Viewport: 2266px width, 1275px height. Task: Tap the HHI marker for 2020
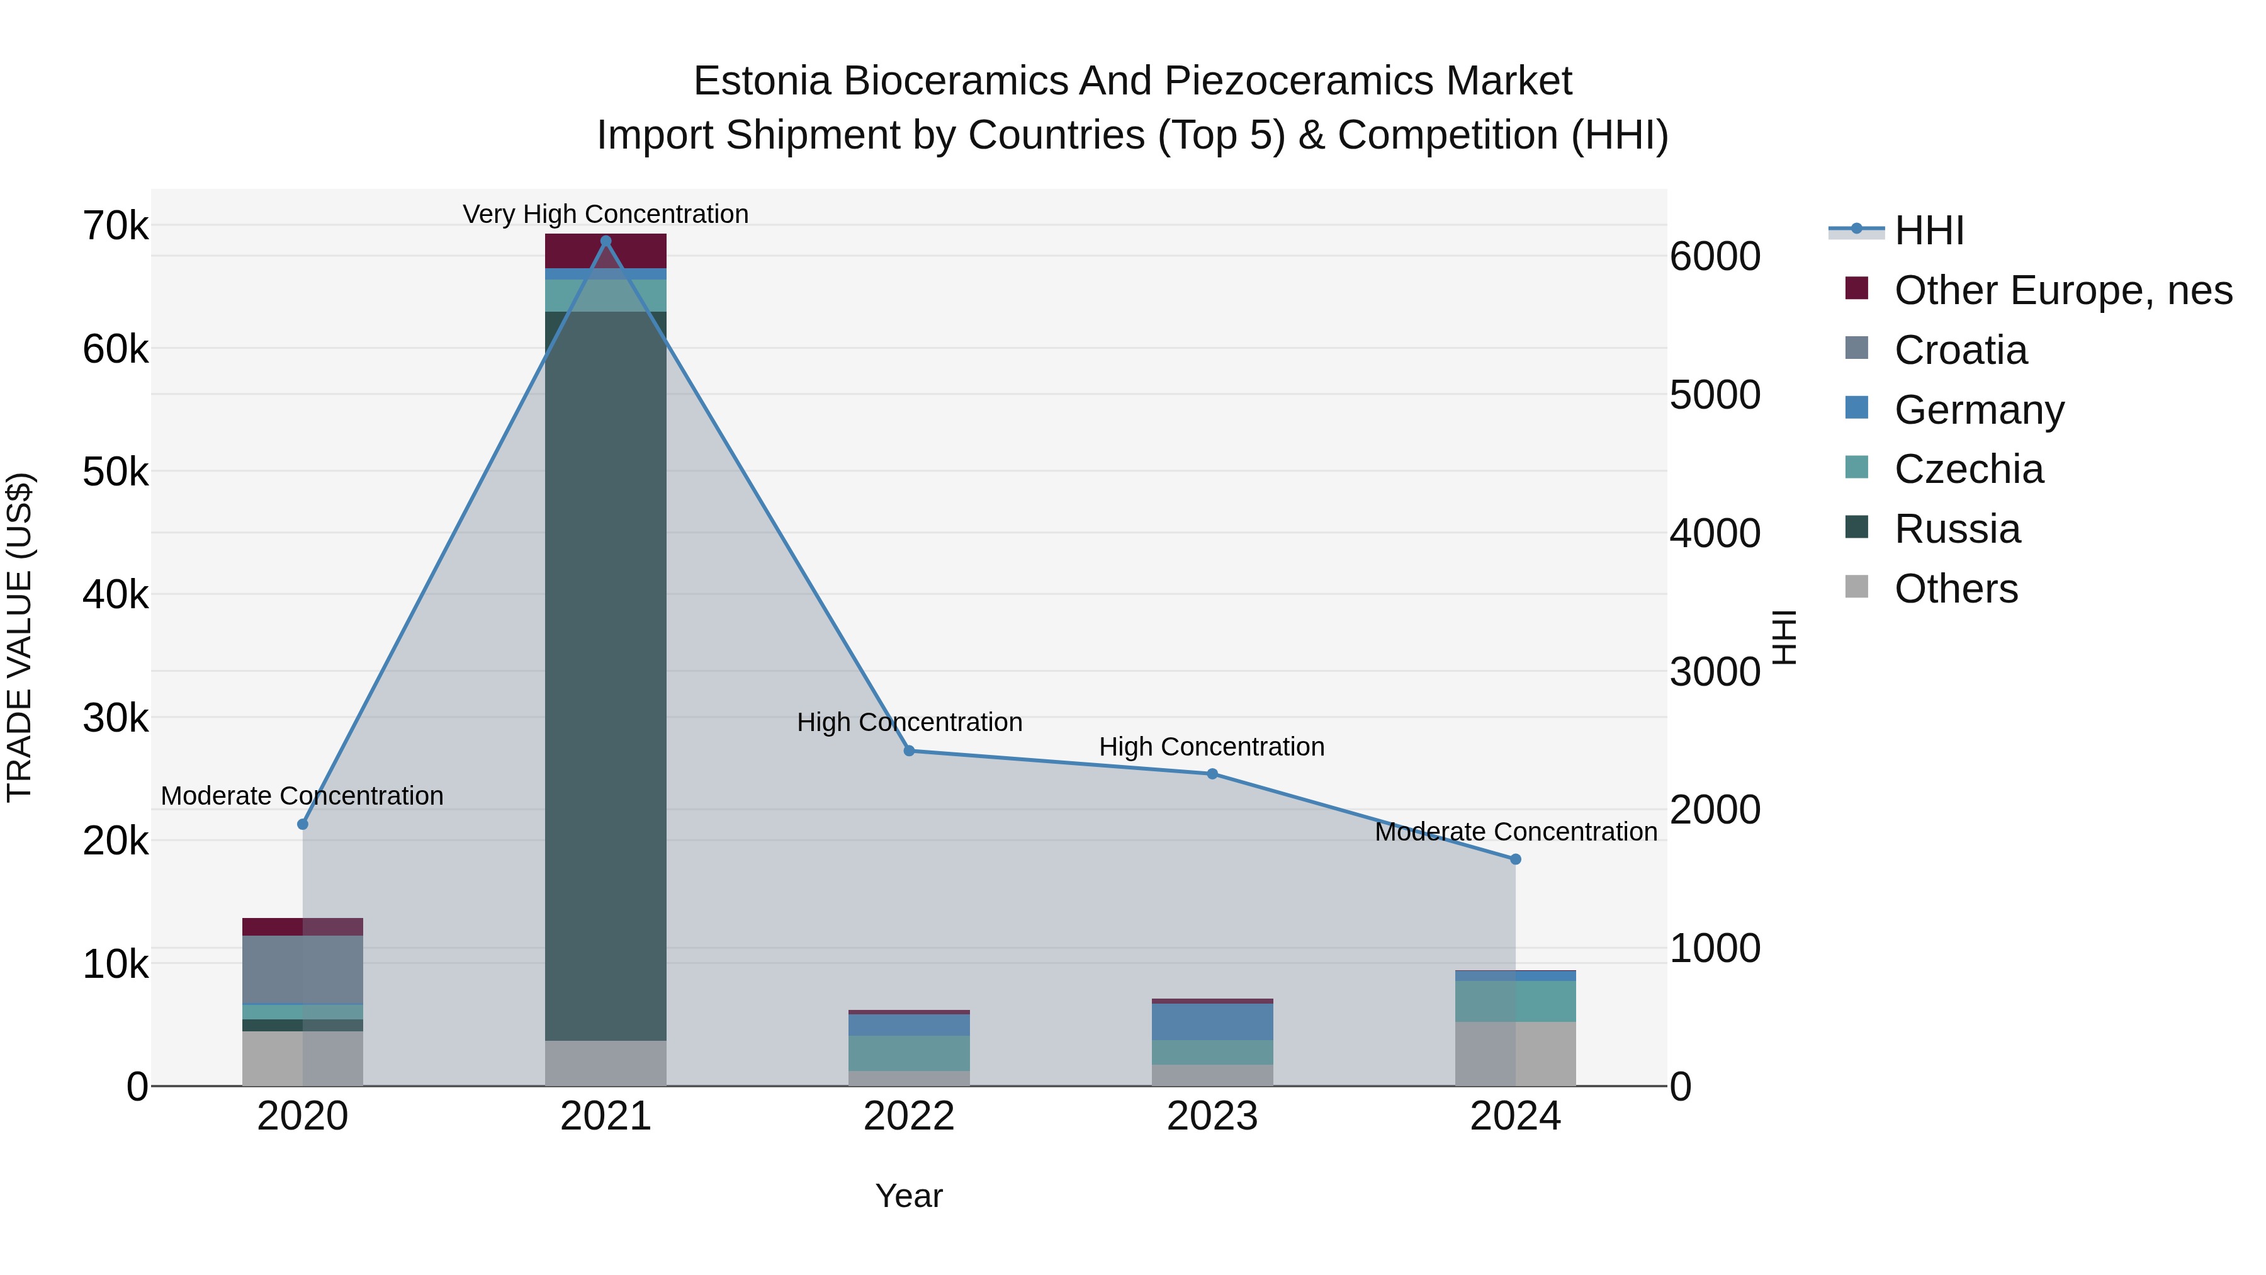pos(303,824)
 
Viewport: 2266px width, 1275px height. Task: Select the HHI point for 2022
pos(910,751)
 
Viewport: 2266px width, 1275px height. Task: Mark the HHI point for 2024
pos(1516,859)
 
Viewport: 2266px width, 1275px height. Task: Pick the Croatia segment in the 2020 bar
pos(303,970)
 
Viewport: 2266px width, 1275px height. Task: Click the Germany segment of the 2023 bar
pos(1212,1022)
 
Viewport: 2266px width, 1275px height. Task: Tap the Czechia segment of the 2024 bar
pos(1516,1001)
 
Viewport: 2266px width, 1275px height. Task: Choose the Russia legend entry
pos(1956,529)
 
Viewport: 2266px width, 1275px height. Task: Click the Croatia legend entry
pos(1960,350)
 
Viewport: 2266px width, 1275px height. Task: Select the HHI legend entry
pos(1928,230)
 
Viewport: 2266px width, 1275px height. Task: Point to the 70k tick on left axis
pos(115,226)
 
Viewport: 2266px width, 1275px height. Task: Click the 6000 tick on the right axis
pos(1715,257)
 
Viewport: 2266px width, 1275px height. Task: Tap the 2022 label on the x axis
pos(910,1116)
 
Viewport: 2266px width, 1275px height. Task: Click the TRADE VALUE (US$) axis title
pos(20,637)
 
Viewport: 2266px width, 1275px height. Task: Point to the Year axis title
pos(909,1196)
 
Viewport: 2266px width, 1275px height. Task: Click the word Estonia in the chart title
pos(762,81)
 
